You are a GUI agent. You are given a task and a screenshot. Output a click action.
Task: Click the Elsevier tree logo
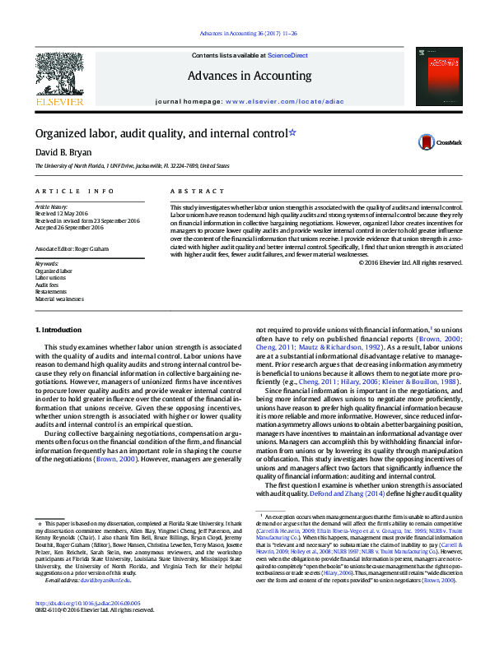[x=59, y=76]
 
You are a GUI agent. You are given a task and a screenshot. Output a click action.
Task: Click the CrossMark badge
[x=429, y=141]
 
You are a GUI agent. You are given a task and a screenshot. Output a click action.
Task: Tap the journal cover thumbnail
[x=432, y=76]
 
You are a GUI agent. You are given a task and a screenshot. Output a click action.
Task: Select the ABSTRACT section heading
[x=186, y=191]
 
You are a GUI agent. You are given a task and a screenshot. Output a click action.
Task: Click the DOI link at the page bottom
[x=82, y=627]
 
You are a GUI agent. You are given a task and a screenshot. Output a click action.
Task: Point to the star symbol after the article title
[x=292, y=131]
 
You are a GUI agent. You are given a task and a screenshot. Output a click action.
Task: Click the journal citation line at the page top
[x=245, y=34]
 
